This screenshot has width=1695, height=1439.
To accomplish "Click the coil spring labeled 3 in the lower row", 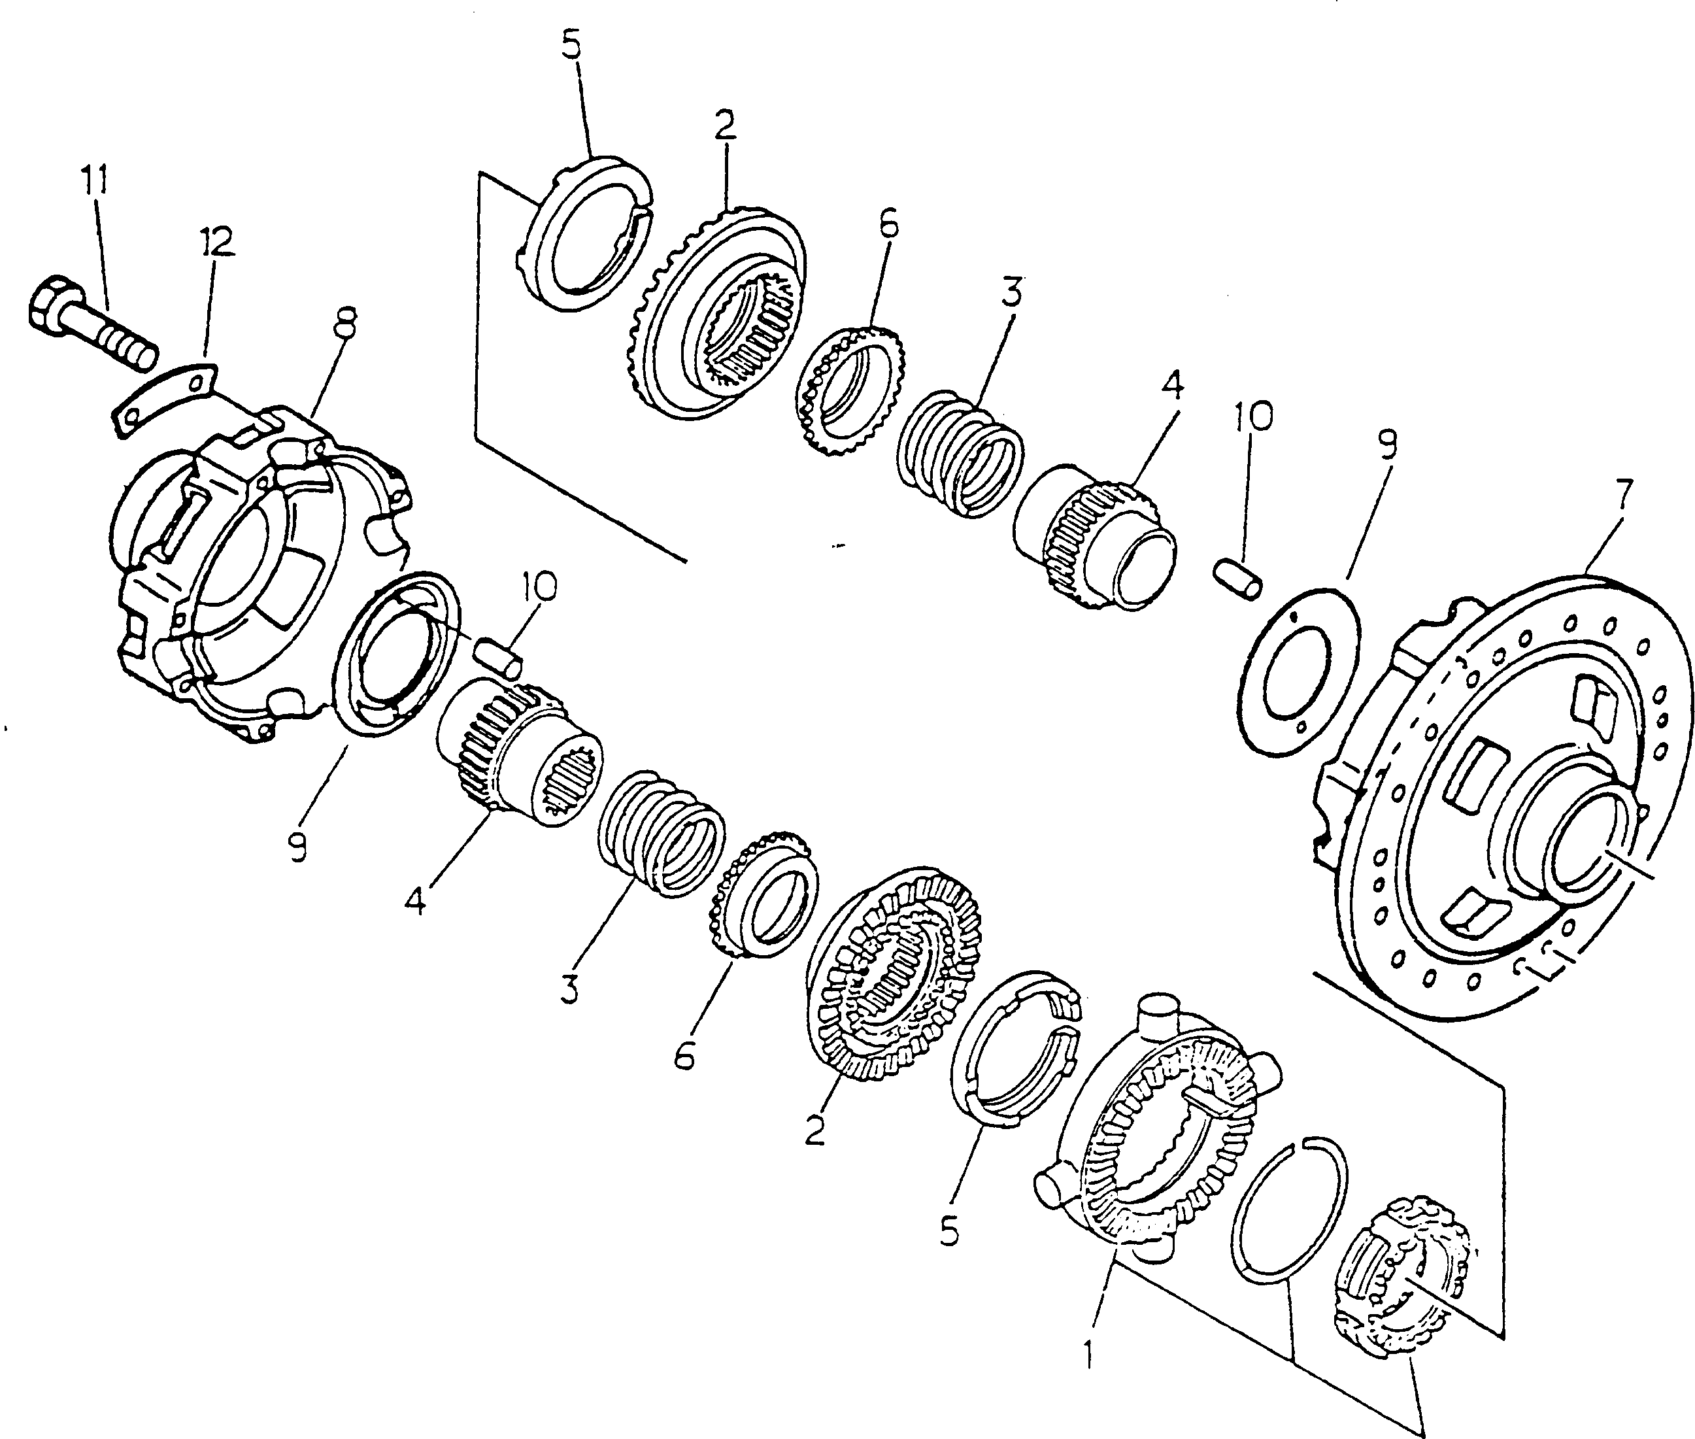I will coord(661,832).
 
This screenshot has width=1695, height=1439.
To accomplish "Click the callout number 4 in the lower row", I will coord(414,902).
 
